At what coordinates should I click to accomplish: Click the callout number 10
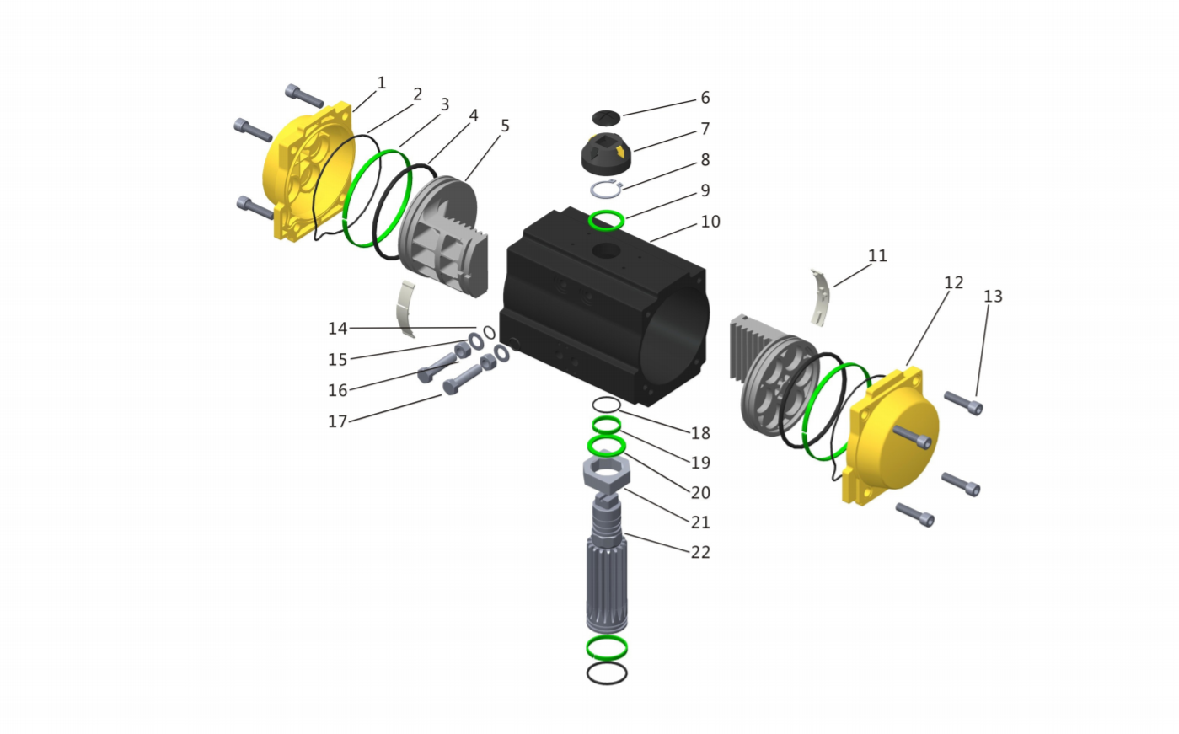click(710, 222)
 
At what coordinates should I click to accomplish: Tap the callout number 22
click(700, 552)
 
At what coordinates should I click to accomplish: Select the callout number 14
click(337, 329)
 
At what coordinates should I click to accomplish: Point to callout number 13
click(993, 297)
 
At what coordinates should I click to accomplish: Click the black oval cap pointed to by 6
click(606, 118)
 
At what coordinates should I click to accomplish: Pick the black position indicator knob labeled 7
click(606, 153)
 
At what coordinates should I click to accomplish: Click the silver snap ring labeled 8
click(606, 189)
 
